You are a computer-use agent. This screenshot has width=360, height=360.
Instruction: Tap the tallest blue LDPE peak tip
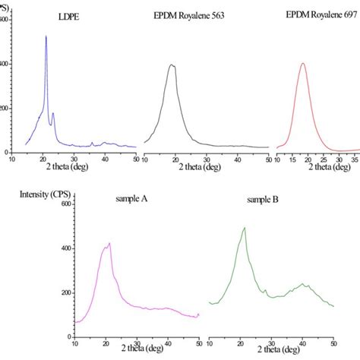pos(46,36)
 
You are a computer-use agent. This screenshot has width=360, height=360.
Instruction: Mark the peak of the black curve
pos(172,65)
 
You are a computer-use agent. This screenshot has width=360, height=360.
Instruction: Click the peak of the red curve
pos(303,63)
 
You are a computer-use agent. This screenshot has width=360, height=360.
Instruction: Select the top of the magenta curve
pos(110,243)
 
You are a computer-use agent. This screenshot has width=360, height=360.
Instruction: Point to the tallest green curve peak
pos(244,227)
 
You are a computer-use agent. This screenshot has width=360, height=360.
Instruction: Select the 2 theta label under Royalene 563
pos(205,166)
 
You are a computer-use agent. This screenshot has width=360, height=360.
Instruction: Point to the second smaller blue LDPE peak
pos(52,114)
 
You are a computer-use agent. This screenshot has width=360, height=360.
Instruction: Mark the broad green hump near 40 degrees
pos(304,284)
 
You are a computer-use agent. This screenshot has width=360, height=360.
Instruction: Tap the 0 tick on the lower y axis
pos(69,335)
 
